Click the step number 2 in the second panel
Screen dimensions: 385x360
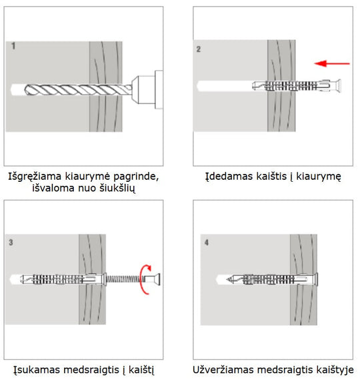click(199, 49)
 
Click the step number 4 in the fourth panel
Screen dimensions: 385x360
click(205, 243)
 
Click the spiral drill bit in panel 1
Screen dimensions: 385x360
click(73, 88)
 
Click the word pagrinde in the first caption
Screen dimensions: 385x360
click(138, 177)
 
